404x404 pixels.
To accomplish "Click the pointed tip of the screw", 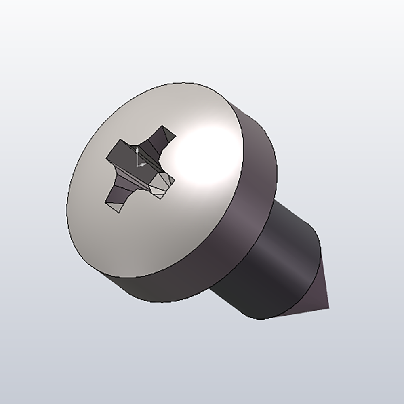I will (328, 307).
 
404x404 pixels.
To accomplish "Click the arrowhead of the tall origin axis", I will (137, 149).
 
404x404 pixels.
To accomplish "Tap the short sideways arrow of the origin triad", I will (144, 164).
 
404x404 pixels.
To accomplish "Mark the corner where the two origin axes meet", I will (138, 165).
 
